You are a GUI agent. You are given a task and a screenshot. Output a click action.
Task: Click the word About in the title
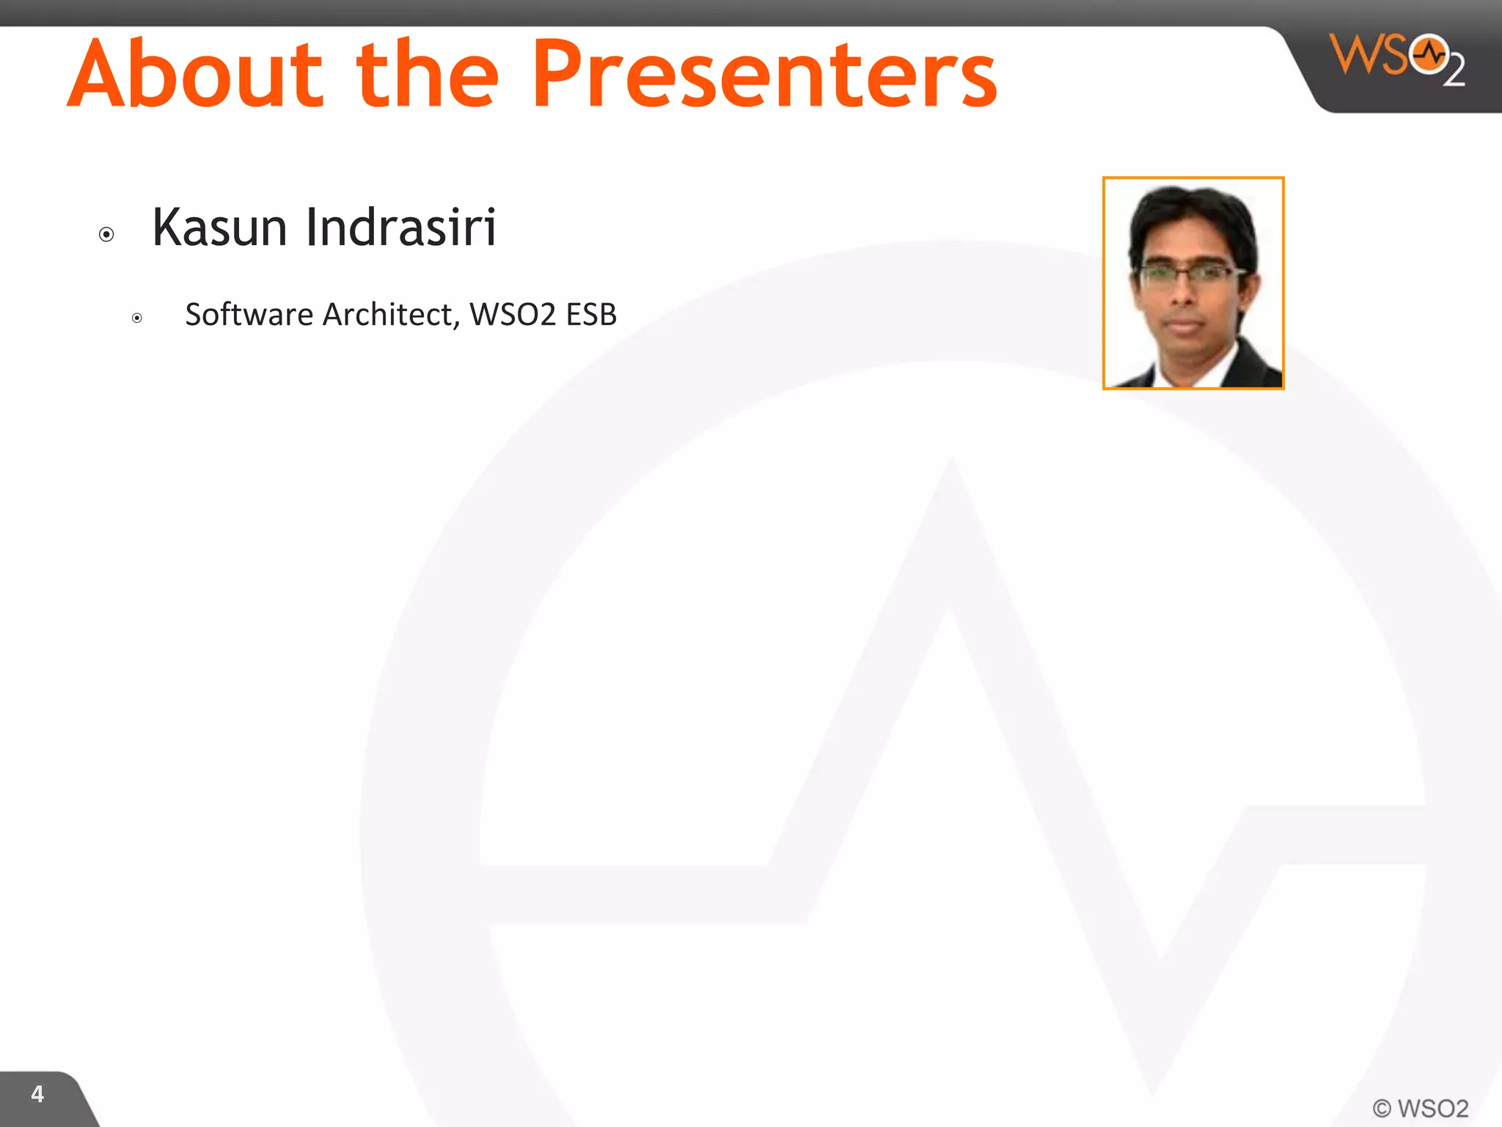(x=194, y=73)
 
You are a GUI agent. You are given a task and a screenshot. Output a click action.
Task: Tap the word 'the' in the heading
(x=428, y=73)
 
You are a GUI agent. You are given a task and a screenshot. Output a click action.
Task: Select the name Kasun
(x=219, y=227)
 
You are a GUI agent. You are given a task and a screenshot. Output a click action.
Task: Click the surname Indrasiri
(x=401, y=227)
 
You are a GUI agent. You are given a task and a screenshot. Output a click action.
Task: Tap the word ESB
(x=591, y=315)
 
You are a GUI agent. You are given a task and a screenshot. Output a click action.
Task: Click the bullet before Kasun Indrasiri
(x=106, y=235)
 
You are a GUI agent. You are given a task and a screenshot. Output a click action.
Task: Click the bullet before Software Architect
(x=137, y=318)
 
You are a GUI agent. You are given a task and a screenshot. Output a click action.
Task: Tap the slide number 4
(x=37, y=1094)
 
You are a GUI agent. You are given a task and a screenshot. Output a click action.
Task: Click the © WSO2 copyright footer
(x=1420, y=1108)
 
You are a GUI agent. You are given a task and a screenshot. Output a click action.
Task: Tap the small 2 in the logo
(x=1454, y=72)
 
